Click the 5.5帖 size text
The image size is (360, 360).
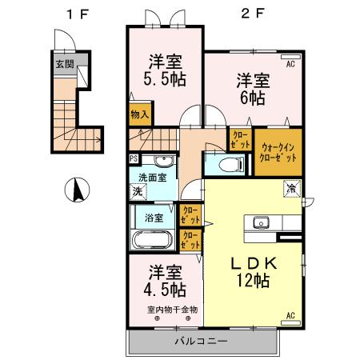(x=166, y=80)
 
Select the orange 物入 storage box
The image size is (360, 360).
(x=140, y=114)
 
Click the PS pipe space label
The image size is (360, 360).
(x=133, y=158)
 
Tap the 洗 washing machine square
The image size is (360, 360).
(x=138, y=192)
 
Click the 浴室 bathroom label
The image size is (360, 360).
(x=154, y=217)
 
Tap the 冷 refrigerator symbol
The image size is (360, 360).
(x=292, y=189)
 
